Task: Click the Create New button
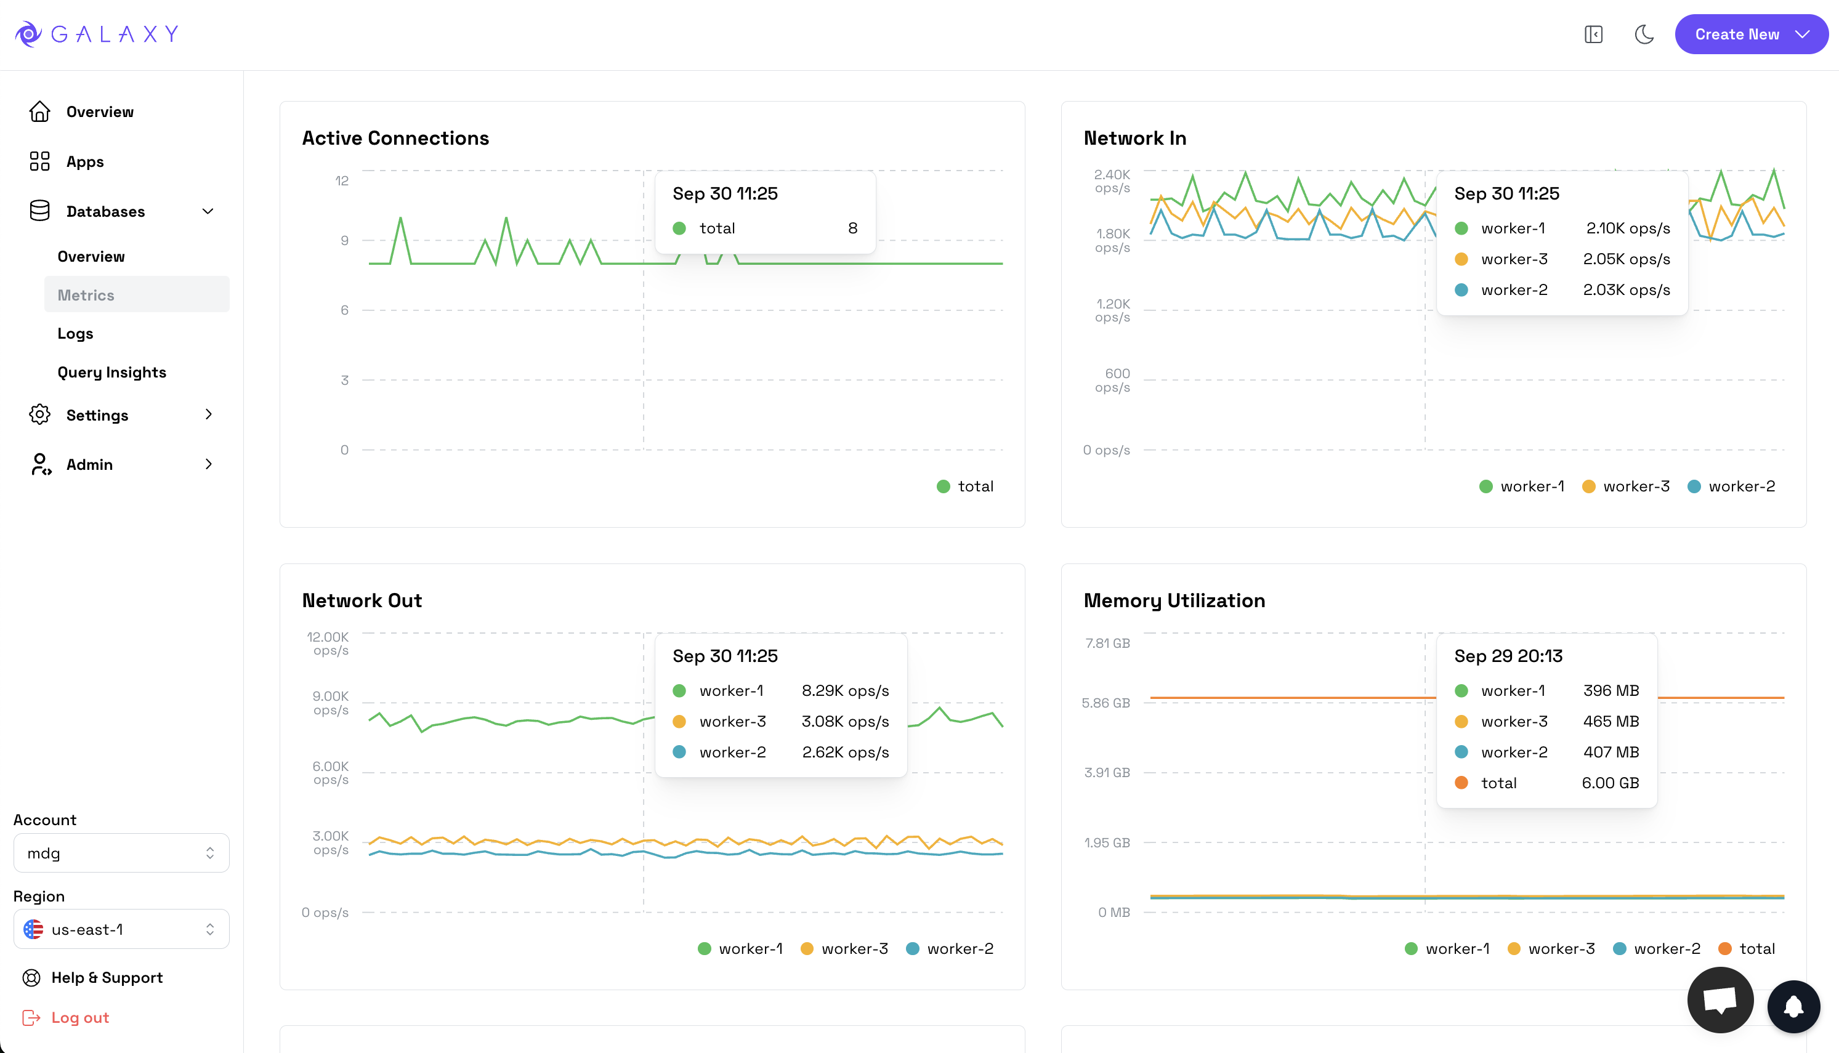click(1750, 34)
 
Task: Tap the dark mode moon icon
click(1644, 34)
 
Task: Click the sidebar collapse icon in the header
click(1593, 34)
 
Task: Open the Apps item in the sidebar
click(84, 161)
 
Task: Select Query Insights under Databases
click(111, 372)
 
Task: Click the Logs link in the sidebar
click(75, 333)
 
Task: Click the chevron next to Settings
click(208, 414)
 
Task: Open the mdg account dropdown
click(121, 853)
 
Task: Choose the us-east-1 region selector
click(121, 929)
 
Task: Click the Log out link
click(79, 1017)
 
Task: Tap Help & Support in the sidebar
click(107, 978)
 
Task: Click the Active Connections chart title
click(395, 137)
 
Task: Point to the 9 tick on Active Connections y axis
click(345, 240)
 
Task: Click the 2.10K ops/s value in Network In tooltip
click(1627, 228)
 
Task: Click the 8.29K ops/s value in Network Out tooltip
click(844, 691)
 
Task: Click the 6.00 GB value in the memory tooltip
click(1610, 783)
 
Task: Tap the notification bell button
click(1793, 1006)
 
